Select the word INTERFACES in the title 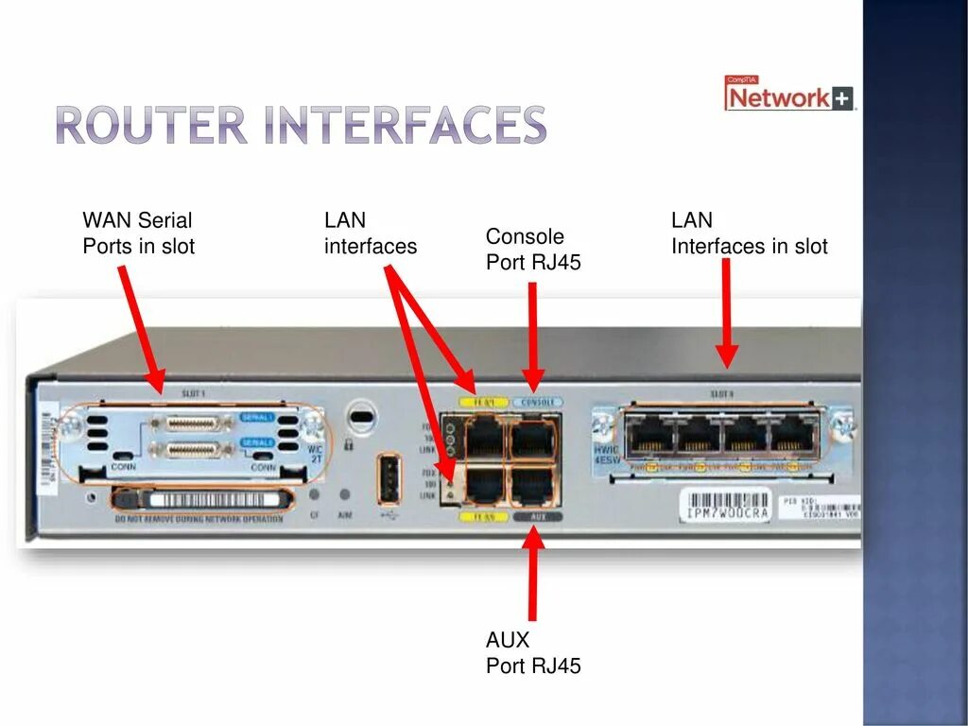coord(406,127)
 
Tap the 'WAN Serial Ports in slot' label coord(138,233)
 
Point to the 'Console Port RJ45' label coord(533,250)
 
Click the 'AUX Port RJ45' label coord(533,653)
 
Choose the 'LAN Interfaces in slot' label coord(749,233)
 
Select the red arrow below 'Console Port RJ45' coord(533,336)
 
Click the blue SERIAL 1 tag coord(257,417)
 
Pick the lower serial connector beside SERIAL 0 coord(193,450)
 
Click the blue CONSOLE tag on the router coord(538,402)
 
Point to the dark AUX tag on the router coord(538,517)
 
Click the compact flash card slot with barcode coord(208,498)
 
